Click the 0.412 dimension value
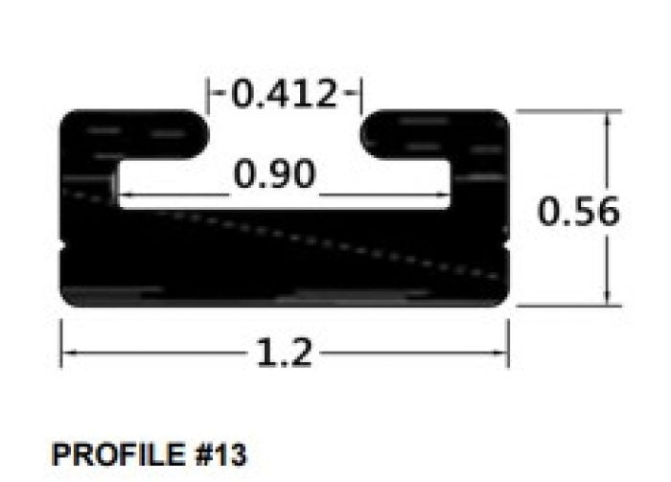[286, 95]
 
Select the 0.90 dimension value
[274, 174]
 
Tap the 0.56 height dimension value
[578, 212]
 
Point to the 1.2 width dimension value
[285, 354]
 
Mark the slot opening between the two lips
[286, 134]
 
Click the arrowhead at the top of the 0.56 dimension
[607, 117]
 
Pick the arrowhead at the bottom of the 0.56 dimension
[607, 299]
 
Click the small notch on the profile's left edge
[63, 247]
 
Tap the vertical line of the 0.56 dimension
[607, 259]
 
